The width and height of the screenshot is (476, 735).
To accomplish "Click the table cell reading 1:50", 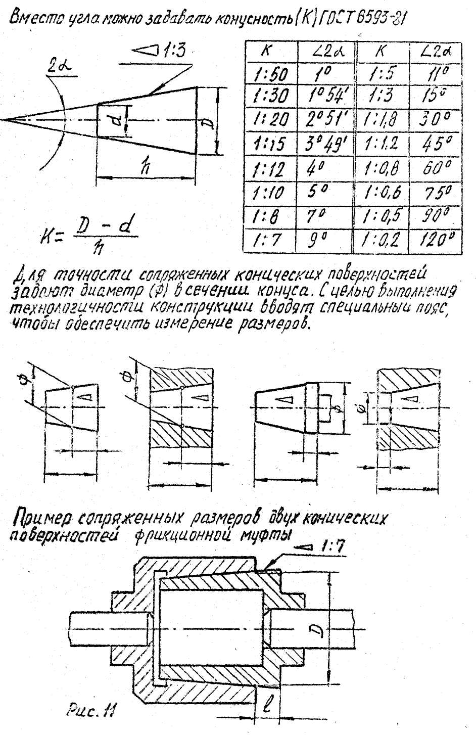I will click(x=271, y=74).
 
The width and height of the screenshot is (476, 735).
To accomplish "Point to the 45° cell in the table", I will click(x=436, y=143).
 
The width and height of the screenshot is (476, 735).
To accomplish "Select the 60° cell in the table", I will click(x=436, y=168).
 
